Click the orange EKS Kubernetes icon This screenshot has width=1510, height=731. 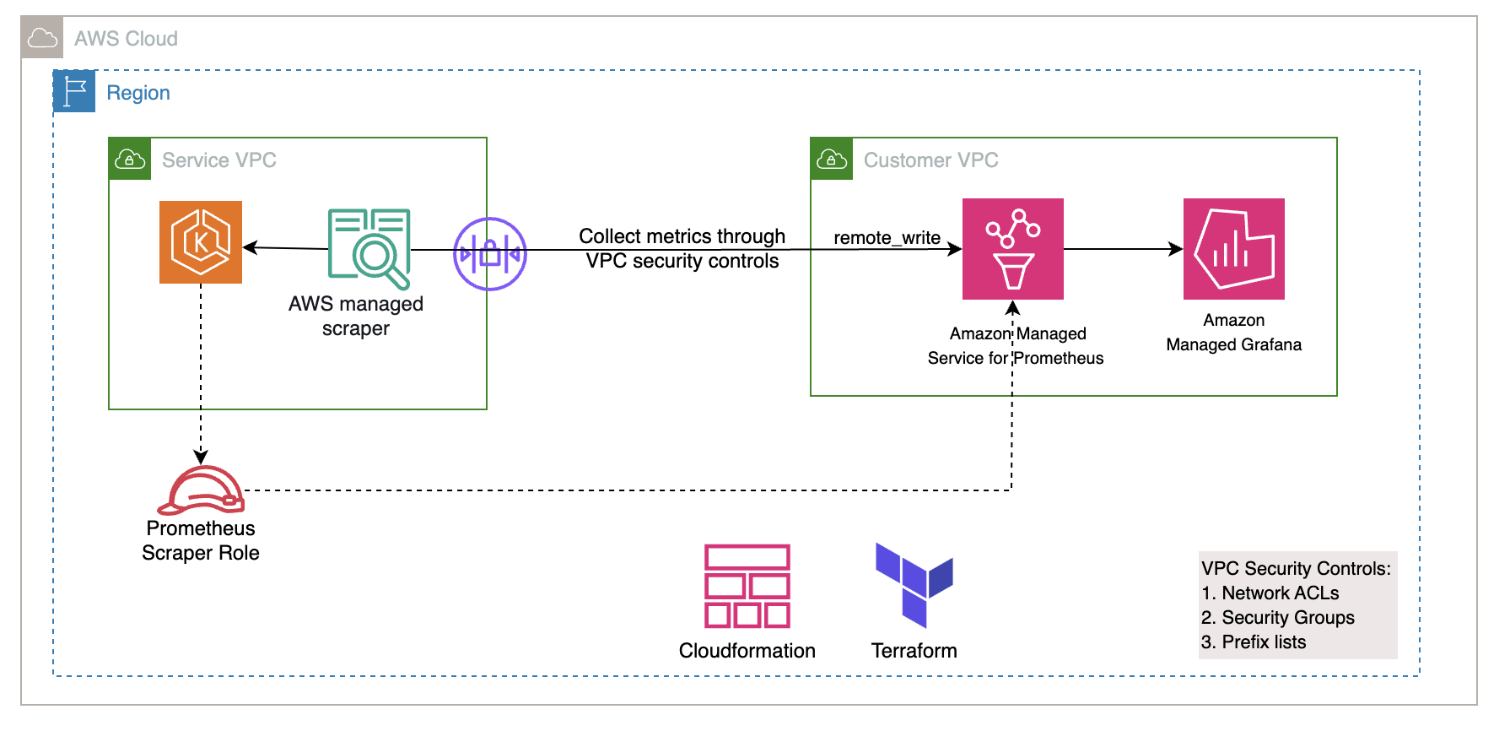(201, 242)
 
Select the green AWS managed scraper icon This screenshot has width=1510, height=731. (369, 248)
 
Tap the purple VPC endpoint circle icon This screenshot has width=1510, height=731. (490, 253)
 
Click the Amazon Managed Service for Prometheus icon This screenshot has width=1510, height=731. (1012, 249)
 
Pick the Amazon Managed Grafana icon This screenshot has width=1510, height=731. (1233, 249)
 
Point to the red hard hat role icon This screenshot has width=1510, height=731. (202, 490)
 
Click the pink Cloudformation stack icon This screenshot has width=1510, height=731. (747, 586)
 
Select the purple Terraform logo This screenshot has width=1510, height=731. (914, 585)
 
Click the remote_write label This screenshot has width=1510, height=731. (887, 238)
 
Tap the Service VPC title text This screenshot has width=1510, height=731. (218, 160)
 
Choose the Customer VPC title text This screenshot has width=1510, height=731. (930, 160)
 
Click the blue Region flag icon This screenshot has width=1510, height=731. (74, 91)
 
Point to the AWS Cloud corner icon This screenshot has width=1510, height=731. (42, 38)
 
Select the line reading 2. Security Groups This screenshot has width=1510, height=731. (1277, 618)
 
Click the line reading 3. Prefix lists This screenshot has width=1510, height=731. (1253, 642)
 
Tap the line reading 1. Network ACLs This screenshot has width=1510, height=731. (1270, 593)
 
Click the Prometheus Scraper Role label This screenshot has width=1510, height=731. (201, 540)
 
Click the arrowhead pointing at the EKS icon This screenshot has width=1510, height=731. (251, 247)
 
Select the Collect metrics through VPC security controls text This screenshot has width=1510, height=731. (682, 248)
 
